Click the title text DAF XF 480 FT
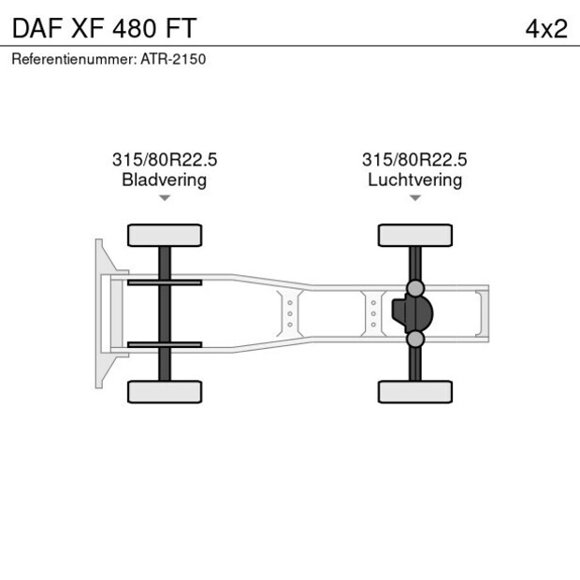tap(104, 27)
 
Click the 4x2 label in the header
tap(546, 28)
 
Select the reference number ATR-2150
tap(173, 59)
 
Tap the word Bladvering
tap(165, 180)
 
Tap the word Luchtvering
tap(414, 180)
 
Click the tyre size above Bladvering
tap(165, 160)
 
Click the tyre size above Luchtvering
tap(414, 160)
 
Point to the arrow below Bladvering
tap(165, 198)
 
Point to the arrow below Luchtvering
tap(414, 198)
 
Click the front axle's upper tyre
tap(165, 235)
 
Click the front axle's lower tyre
tap(165, 391)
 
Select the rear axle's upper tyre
tap(414, 235)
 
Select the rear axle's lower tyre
tap(414, 391)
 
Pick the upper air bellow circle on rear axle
tap(415, 288)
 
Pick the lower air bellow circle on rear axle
tap(415, 339)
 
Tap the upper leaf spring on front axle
tap(165, 283)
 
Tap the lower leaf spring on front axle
tap(165, 344)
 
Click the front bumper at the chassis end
tap(100, 313)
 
